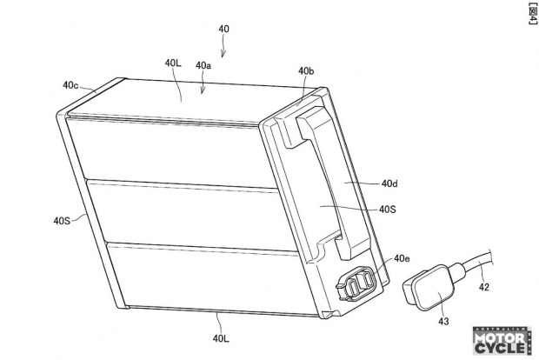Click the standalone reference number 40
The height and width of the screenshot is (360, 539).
point(224,29)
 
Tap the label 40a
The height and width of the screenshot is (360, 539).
point(203,65)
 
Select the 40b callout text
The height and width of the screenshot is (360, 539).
point(306,70)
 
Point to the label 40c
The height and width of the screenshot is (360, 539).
point(71,85)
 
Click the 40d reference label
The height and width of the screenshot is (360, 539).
point(389,183)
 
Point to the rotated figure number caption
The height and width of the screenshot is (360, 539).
point(529,14)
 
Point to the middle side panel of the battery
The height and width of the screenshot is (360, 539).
point(165,213)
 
